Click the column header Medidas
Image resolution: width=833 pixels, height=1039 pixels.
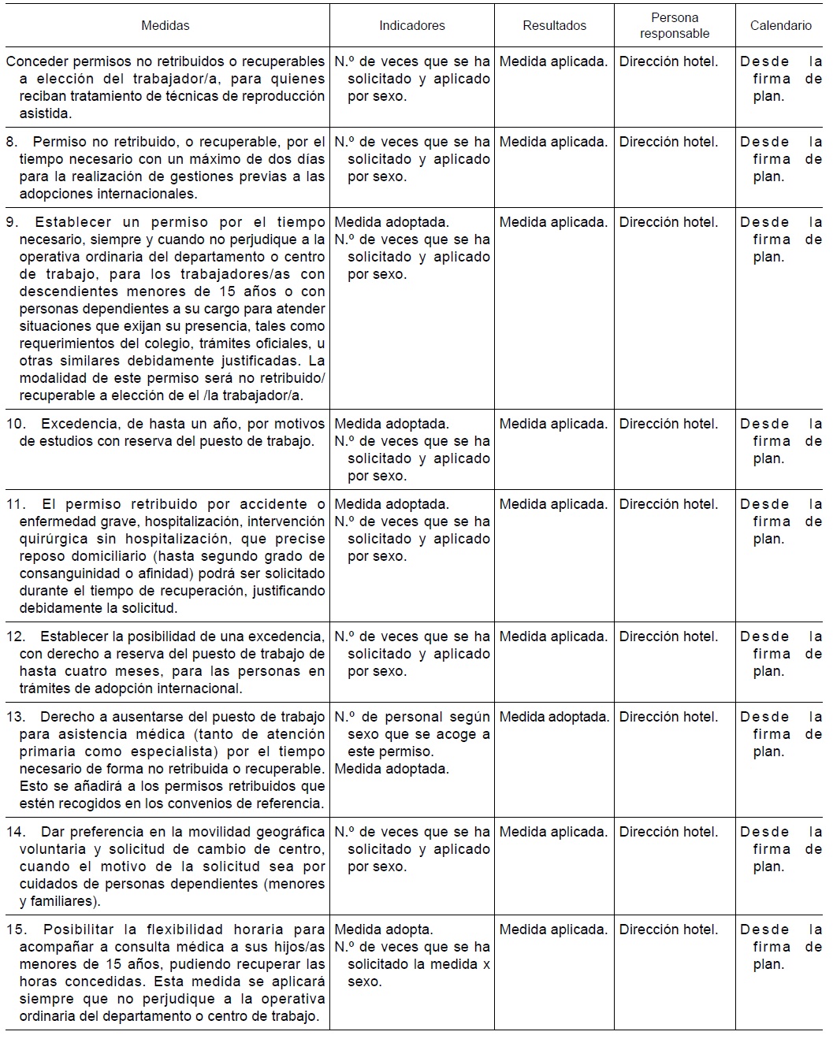pyautogui.click(x=165, y=25)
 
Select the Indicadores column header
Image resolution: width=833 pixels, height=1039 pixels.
pyautogui.click(x=411, y=25)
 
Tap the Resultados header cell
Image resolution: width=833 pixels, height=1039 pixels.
pyautogui.click(x=554, y=25)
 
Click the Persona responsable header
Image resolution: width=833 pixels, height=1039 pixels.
pyautogui.click(x=674, y=25)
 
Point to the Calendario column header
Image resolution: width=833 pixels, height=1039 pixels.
pyautogui.click(x=780, y=25)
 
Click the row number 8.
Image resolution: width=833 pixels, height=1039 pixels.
pyautogui.click(x=12, y=142)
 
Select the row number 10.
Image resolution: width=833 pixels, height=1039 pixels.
pyautogui.click(x=16, y=424)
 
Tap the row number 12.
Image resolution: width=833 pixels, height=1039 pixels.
pyautogui.click(x=16, y=636)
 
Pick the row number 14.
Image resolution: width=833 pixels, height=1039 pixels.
pyautogui.click(x=16, y=832)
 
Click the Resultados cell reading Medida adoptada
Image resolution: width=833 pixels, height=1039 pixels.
pyautogui.click(x=554, y=717)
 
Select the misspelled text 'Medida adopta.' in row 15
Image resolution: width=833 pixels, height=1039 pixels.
pyautogui.click(x=384, y=930)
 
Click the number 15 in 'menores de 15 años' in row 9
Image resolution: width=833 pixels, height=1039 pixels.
pyautogui.click(x=228, y=291)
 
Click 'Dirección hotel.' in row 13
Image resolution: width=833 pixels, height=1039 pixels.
pyautogui.click(x=668, y=717)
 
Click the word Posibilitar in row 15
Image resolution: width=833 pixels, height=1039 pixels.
pyautogui.click(x=79, y=930)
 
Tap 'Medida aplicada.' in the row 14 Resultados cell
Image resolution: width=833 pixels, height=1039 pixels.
pyautogui.click(x=553, y=832)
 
